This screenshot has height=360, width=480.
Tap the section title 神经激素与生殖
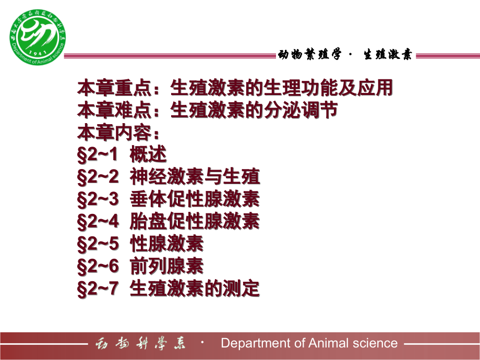195,177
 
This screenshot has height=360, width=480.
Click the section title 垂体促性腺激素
195,199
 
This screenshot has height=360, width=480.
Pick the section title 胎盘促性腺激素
195,222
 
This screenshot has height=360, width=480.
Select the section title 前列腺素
166,266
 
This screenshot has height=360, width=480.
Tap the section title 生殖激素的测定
195,288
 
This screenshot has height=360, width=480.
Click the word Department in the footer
251,343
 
